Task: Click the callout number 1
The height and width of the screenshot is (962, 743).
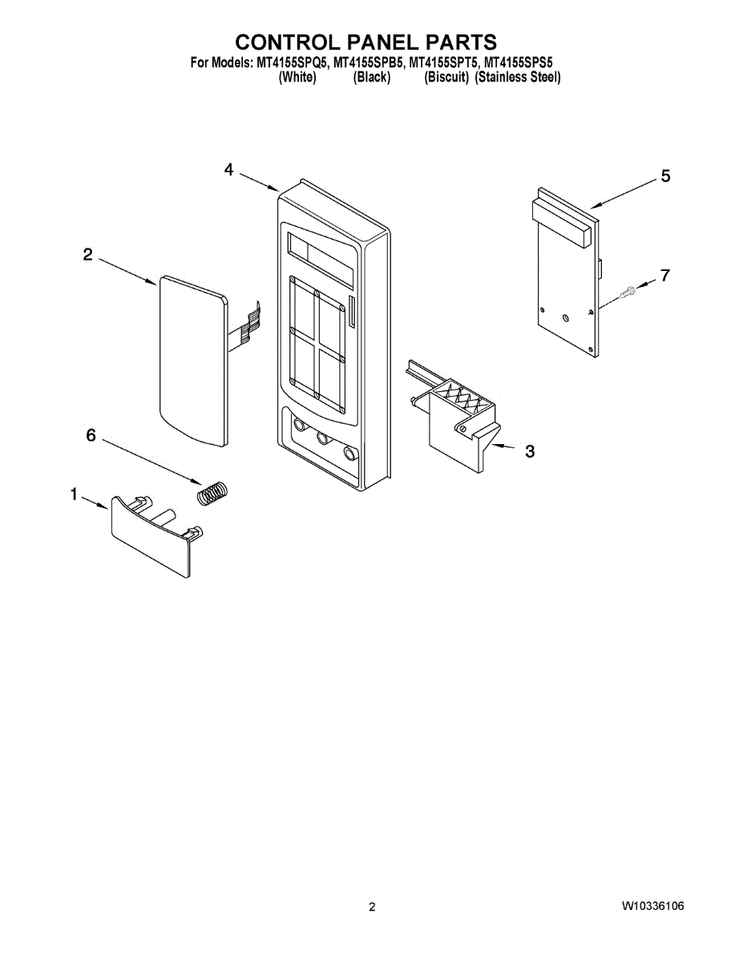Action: pyautogui.click(x=74, y=495)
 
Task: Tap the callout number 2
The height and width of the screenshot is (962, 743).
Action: pyautogui.click(x=87, y=255)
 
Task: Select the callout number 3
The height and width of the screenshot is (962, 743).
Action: pyautogui.click(x=530, y=451)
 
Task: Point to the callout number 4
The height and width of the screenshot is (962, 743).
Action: pyautogui.click(x=229, y=169)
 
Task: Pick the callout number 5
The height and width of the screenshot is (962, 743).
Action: pyautogui.click(x=665, y=176)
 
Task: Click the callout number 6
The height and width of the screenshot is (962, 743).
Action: pyautogui.click(x=91, y=435)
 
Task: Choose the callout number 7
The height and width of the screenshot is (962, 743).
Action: pyautogui.click(x=665, y=275)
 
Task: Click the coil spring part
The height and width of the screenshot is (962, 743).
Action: pyautogui.click(x=213, y=492)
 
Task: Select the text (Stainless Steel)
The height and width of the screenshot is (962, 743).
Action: pyautogui.click(x=517, y=78)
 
